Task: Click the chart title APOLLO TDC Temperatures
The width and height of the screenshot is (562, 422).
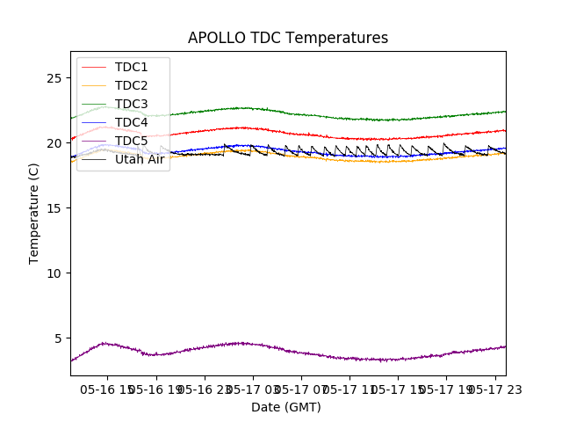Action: point(288,39)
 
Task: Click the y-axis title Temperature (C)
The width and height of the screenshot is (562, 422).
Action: point(34,214)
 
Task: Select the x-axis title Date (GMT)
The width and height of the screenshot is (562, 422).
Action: point(286,407)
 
